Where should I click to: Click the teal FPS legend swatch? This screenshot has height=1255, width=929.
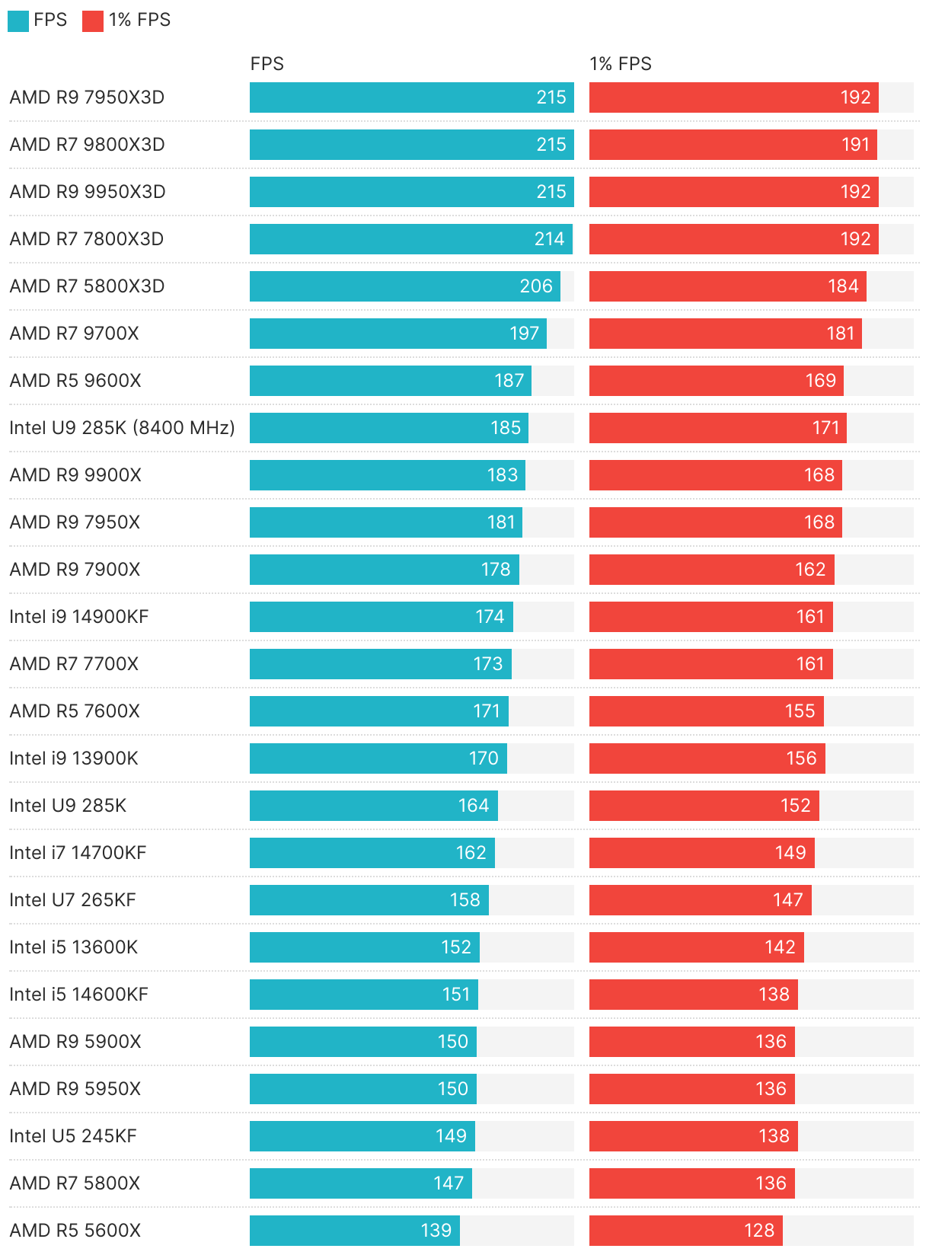coord(18,21)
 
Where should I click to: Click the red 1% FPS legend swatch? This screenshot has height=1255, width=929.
coord(92,21)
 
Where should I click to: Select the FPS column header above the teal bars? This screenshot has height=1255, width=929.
coord(267,64)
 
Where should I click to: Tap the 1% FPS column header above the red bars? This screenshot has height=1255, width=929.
coord(620,64)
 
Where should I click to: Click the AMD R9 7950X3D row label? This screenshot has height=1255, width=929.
coord(87,97)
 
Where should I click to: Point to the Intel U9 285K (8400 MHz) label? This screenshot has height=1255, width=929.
coord(122,428)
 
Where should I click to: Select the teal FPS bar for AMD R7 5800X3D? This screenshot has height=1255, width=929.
coord(404,286)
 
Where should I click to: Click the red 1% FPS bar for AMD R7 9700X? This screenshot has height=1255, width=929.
coord(725,334)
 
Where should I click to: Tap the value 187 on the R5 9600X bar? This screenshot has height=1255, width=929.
coord(509,381)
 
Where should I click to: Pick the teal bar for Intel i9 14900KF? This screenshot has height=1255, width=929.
coord(381,617)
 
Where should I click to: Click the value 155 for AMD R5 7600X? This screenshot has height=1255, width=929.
coord(800,711)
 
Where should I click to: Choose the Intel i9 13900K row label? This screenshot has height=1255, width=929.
coord(74,758)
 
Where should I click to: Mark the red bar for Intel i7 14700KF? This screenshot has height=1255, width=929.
coord(701,853)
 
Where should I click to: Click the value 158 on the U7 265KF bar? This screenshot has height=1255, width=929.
coord(464,900)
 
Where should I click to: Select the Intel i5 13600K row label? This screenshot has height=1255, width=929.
coord(74,947)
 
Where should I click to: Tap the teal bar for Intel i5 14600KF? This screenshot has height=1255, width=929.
coord(363,995)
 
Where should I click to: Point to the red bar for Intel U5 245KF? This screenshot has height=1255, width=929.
coord(693,1136)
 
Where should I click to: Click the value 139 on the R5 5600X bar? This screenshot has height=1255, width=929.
coord(436,1231)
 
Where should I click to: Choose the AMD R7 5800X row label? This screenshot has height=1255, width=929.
coord(75,1183)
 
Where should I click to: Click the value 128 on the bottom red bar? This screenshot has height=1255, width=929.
coord(758,1231)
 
